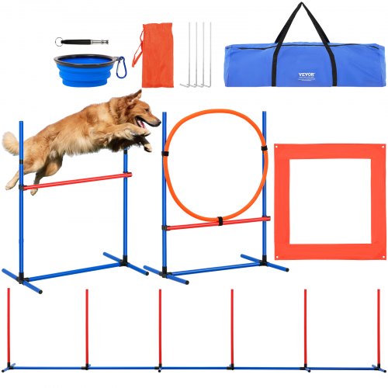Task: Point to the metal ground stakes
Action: click(198, 54)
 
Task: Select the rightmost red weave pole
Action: click(379, 326)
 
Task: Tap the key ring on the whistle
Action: click(61, 41)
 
